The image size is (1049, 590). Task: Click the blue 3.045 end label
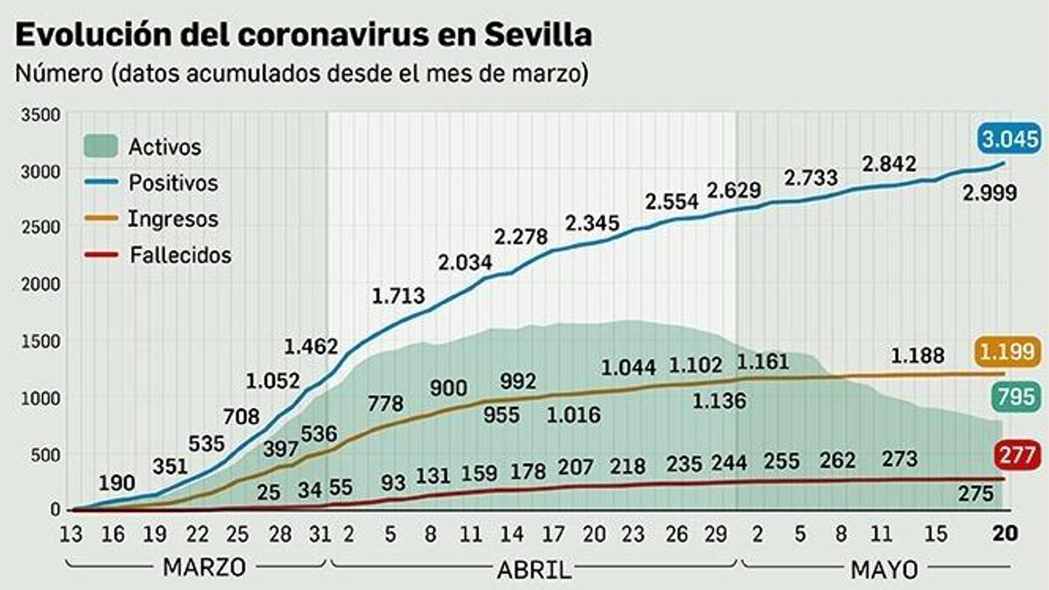pos(1010,139)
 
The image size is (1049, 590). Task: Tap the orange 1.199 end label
pos(1007,351)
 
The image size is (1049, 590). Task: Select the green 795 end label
pos(1016,397)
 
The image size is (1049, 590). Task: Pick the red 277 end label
pos(1017,454)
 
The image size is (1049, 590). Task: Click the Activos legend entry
pos(143,147)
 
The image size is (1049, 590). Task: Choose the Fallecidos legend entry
pos(158,255)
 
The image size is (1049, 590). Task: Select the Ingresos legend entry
pos(151,219)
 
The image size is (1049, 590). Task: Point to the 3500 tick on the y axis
pos(41,115)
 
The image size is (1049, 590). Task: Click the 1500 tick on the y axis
pos(41,342)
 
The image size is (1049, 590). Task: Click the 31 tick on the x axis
pos(320,534)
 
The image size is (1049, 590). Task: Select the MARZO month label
pos(204,567)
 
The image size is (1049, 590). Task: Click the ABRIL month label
pos(534,570)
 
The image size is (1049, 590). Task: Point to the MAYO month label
pos(884,570)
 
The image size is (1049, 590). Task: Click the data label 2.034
pos(465,263)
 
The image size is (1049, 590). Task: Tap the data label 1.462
pos(311,346)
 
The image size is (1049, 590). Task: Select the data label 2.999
pos(989,193)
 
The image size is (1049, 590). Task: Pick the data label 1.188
pos(917,356)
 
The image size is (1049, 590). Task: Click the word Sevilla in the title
pos(538,35)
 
